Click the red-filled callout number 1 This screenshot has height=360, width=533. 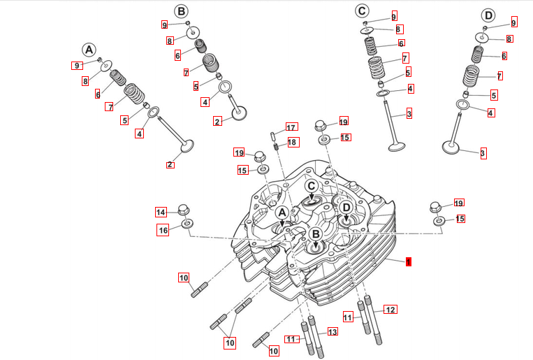(409, 261)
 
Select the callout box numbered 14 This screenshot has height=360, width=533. (161, 212)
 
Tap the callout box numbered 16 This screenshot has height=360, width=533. (163, 230)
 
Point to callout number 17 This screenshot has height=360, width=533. (291, 127)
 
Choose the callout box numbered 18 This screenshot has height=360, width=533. (292, 143)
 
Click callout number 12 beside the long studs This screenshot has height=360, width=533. (390, 309)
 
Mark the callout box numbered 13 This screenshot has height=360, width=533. (333, 331)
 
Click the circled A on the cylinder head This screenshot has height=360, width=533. (282, 213)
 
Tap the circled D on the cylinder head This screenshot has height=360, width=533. (345, 208)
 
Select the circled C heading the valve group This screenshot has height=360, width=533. (361, 10)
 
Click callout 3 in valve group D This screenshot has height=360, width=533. (482, 153)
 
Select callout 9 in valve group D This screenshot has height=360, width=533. (513, 23)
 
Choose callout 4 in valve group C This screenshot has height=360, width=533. (410, 89)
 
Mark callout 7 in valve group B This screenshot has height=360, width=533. (186, 72)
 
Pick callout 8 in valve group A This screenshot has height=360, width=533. (85, 81)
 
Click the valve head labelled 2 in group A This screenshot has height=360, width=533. (187, 147)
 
